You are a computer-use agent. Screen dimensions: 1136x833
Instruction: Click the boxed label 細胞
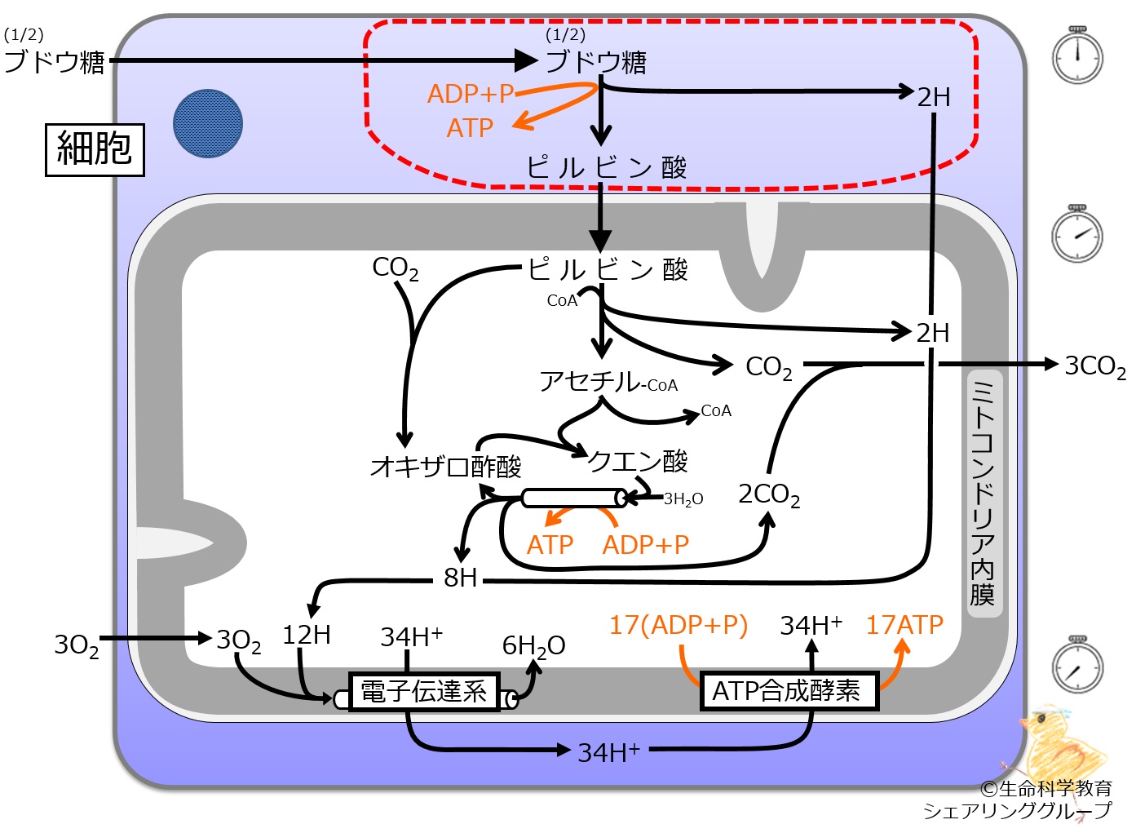[95, 149]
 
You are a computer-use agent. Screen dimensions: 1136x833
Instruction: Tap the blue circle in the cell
[208, 123]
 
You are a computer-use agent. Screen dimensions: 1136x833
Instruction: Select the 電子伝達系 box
[424, 692]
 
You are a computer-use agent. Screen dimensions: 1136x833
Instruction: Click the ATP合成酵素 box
[789, 690]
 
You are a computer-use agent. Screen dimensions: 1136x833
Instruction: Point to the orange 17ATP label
[904, 625]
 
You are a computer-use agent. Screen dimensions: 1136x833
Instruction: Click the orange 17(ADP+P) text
[679, 625]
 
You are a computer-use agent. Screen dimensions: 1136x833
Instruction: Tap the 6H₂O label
[533, 646]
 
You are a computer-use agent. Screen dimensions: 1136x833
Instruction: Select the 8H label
[460, 578]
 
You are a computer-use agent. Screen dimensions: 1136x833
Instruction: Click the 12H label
[307, 635]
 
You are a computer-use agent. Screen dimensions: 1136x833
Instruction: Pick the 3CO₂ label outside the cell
[1095, 366]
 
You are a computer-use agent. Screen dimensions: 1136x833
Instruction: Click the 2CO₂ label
[769, 494]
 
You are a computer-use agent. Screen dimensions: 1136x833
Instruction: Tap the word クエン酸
[637, 461]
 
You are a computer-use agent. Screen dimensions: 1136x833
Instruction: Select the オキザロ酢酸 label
[446, 467]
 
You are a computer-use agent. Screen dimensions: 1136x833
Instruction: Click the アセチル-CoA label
[608, 382]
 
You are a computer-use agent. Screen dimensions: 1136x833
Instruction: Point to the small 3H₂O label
[683, 499]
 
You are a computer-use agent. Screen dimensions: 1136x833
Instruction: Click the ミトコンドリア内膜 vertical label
[984, 493]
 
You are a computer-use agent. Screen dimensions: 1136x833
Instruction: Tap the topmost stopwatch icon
[1077, 55]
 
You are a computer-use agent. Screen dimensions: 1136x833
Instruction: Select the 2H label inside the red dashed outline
[934, 97]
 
